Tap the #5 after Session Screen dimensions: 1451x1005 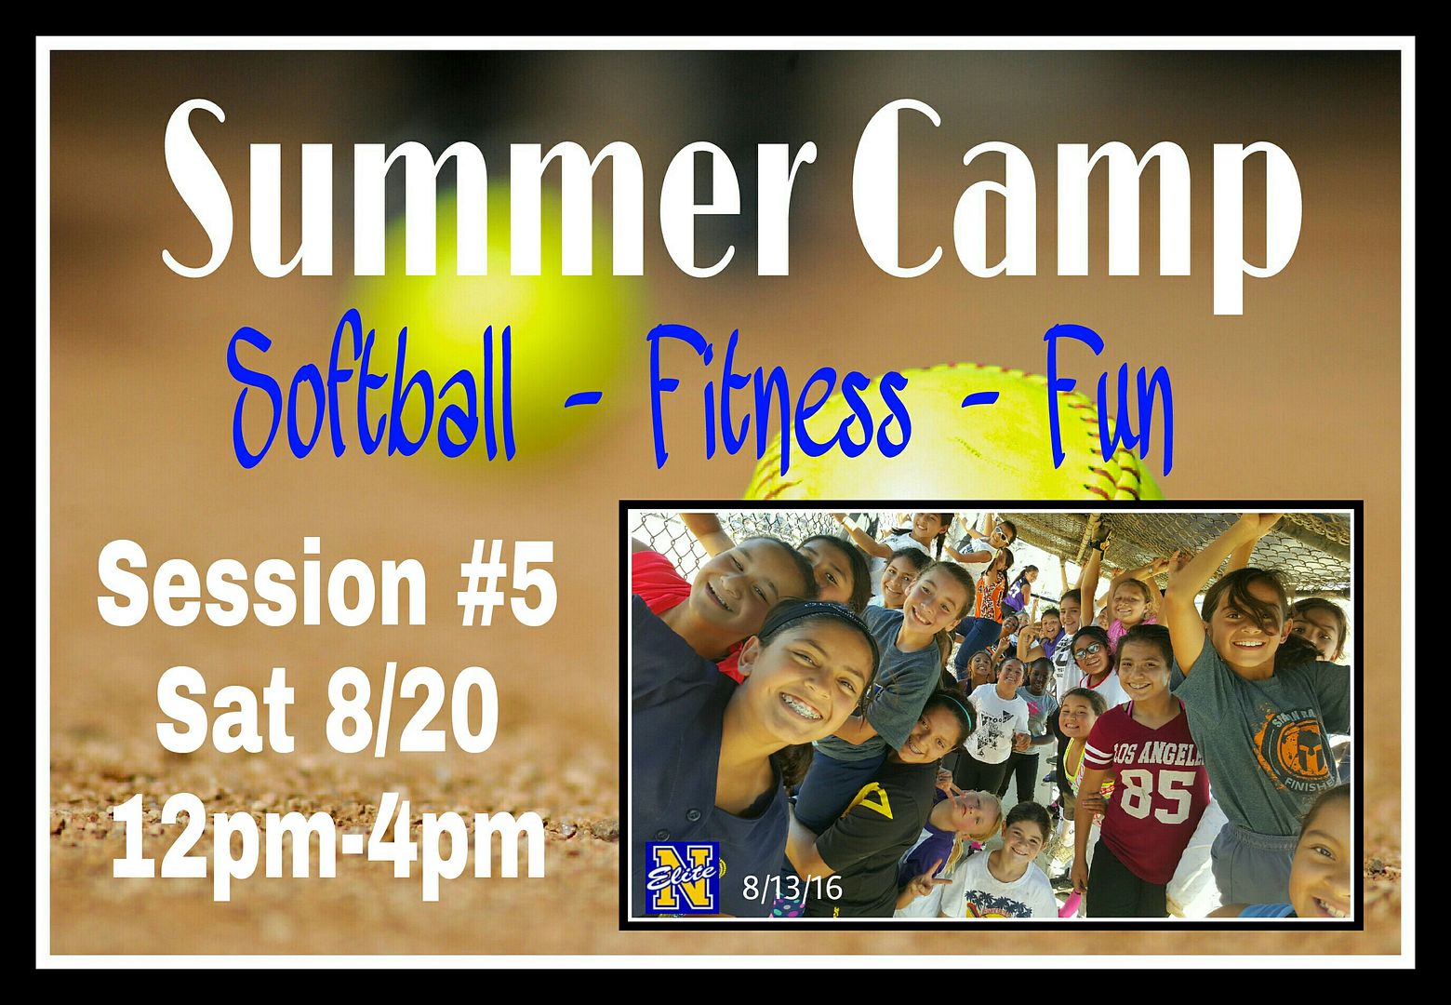(507, 585)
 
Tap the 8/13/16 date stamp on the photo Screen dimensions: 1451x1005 (792, 887)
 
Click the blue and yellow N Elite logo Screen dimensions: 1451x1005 (682, 878)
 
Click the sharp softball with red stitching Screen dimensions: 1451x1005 (952, 435)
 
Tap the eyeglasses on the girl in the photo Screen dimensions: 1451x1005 (1088, 650)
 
